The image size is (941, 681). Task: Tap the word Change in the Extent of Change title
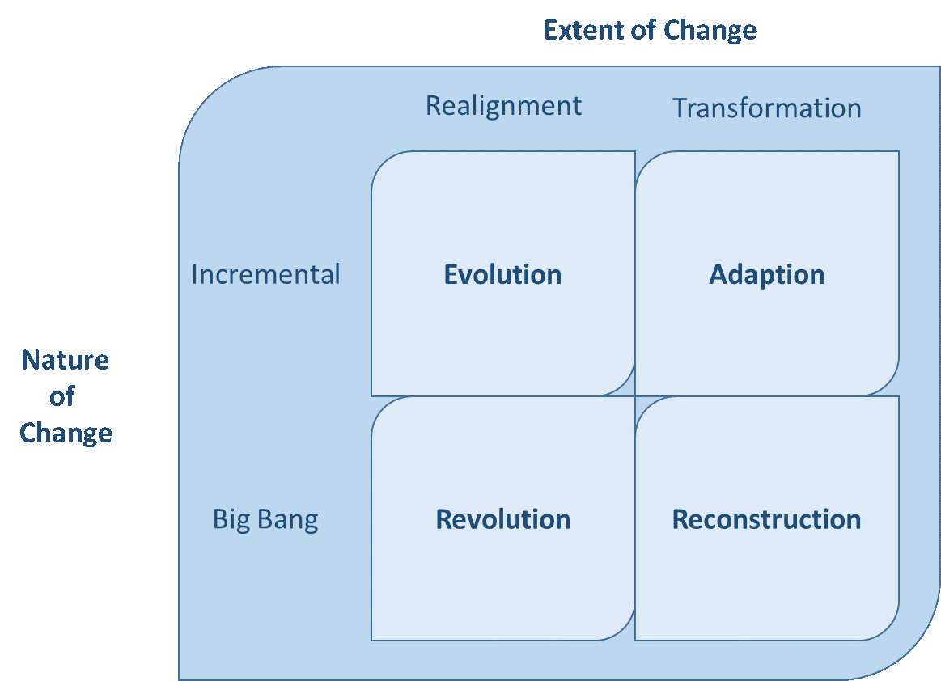point(710,31)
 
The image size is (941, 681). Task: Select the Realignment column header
point(503,106)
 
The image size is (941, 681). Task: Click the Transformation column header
point(767,108)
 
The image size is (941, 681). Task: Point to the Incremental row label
point(265,274)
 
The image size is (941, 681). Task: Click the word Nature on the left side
point(65,360)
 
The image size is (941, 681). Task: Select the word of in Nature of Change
point(62,396)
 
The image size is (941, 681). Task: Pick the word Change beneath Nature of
point(66,433)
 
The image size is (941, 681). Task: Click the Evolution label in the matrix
point(502,274)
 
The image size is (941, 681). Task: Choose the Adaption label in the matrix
point(767,274)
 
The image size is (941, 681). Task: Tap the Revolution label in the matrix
point(502,518)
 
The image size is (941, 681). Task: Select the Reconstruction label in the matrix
point(766,518)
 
